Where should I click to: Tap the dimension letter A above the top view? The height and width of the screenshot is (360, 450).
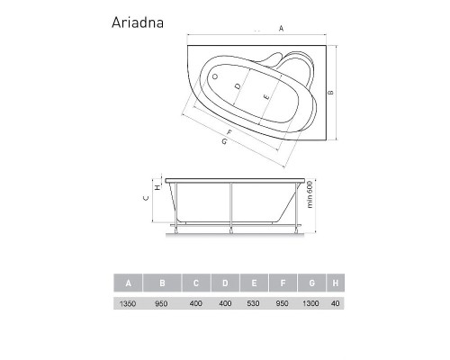282,29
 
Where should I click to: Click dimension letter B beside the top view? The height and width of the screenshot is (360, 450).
331,92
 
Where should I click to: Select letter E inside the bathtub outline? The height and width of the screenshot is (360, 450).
265,96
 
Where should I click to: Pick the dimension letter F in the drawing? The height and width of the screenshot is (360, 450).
230,132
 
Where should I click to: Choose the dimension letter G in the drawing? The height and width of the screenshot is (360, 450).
222,141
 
